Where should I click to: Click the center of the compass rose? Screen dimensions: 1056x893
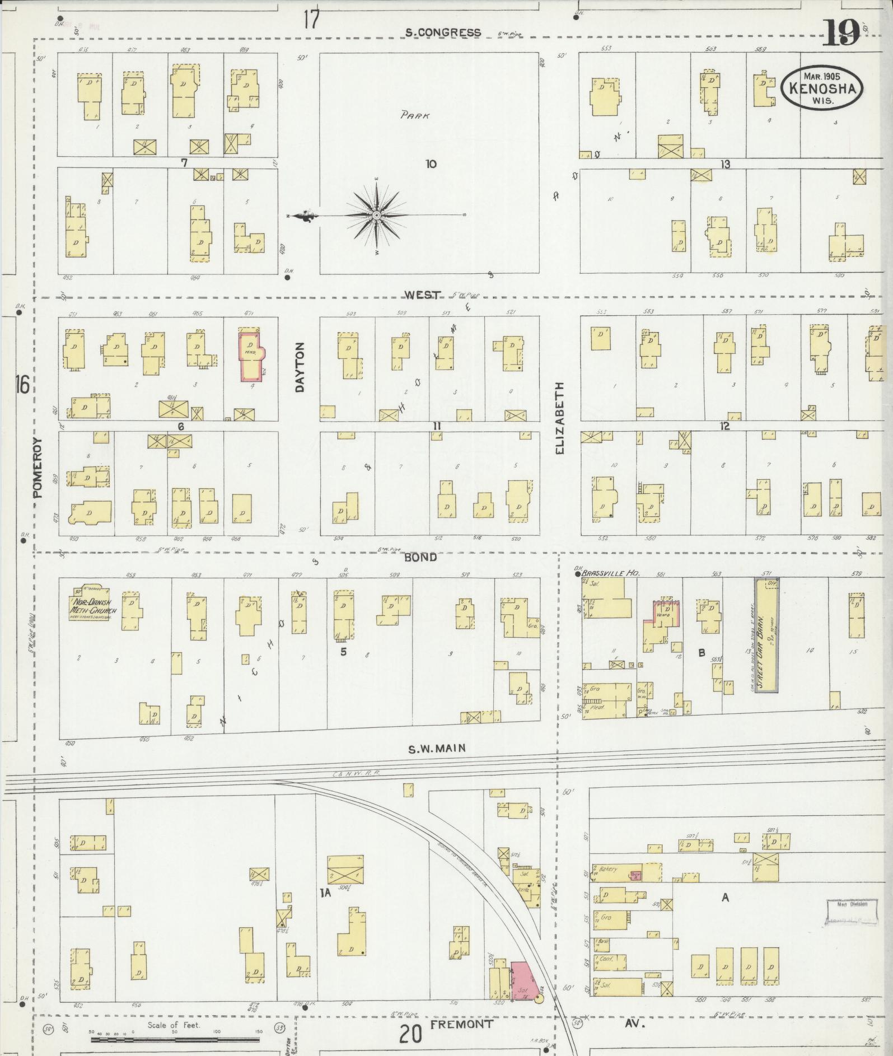pos(377,215)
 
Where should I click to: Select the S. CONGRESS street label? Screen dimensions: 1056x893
pos(443,32)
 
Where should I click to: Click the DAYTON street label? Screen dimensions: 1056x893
pos(300,367)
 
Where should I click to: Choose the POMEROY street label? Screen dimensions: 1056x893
pos(38,468)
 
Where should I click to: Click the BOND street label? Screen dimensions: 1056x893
pos(420,558)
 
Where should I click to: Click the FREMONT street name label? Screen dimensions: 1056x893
pos(462,1024)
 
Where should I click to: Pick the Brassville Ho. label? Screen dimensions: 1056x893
pos(610,573)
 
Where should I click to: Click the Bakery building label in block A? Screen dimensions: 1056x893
pos(608,885)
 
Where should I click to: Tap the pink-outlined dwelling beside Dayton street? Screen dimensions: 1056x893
pos(251,357)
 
